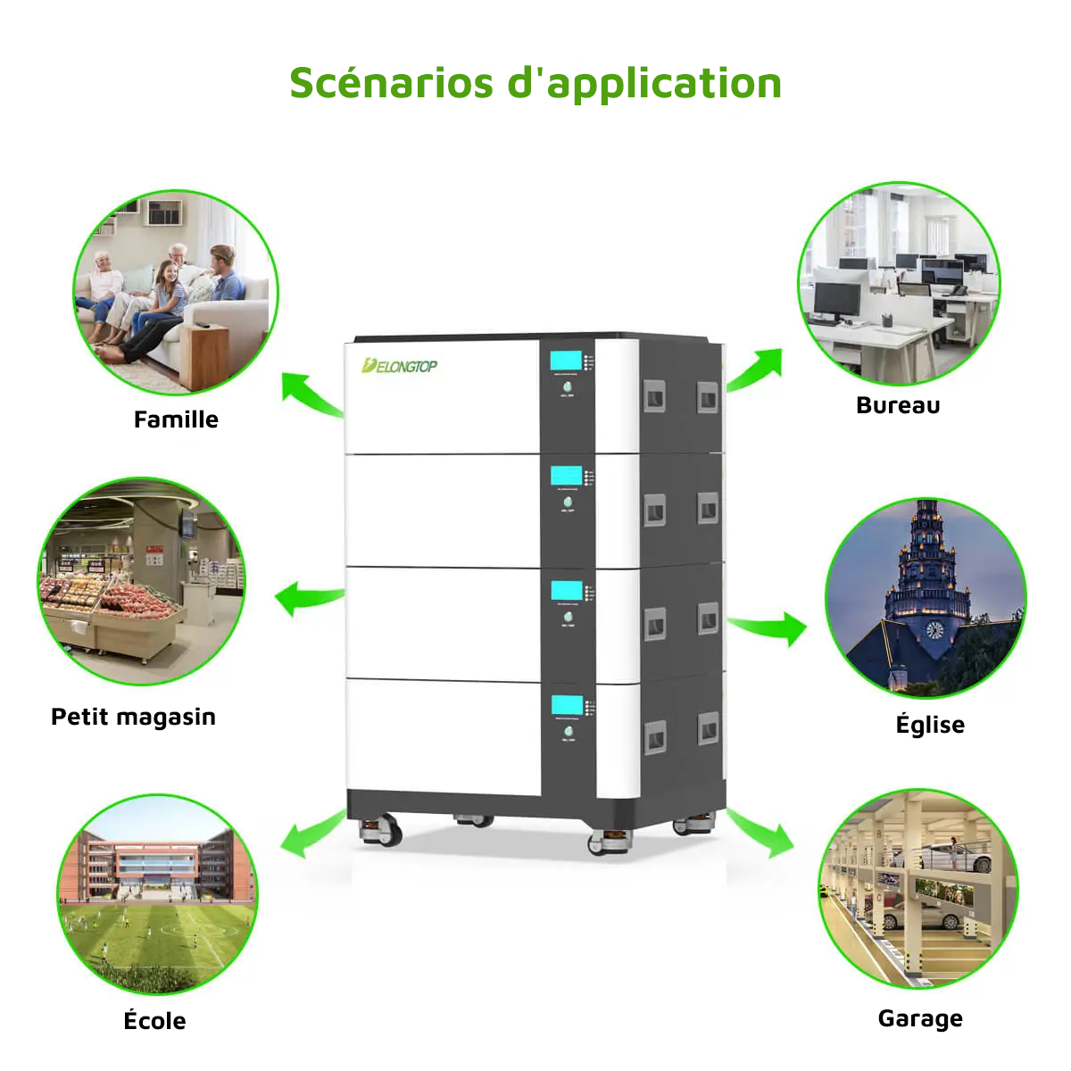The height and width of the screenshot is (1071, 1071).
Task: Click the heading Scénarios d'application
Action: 535,83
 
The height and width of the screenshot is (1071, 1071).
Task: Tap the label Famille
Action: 176,419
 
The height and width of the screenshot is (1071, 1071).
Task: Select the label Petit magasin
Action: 133,717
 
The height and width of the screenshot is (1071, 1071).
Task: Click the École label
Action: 154,1021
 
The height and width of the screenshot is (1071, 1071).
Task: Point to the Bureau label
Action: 898,405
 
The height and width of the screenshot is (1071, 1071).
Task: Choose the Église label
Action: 930,724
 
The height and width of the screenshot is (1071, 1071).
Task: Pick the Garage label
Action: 920,1018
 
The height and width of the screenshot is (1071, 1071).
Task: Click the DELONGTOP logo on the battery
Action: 399,366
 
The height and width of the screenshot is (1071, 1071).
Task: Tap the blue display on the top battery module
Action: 566,361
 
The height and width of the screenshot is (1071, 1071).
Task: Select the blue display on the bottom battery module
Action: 567,704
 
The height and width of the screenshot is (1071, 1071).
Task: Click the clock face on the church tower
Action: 934,630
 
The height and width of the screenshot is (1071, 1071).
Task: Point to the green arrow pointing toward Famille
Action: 308,394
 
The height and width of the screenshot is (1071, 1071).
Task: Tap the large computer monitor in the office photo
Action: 836,299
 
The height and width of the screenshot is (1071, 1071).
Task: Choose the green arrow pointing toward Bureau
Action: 757,369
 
